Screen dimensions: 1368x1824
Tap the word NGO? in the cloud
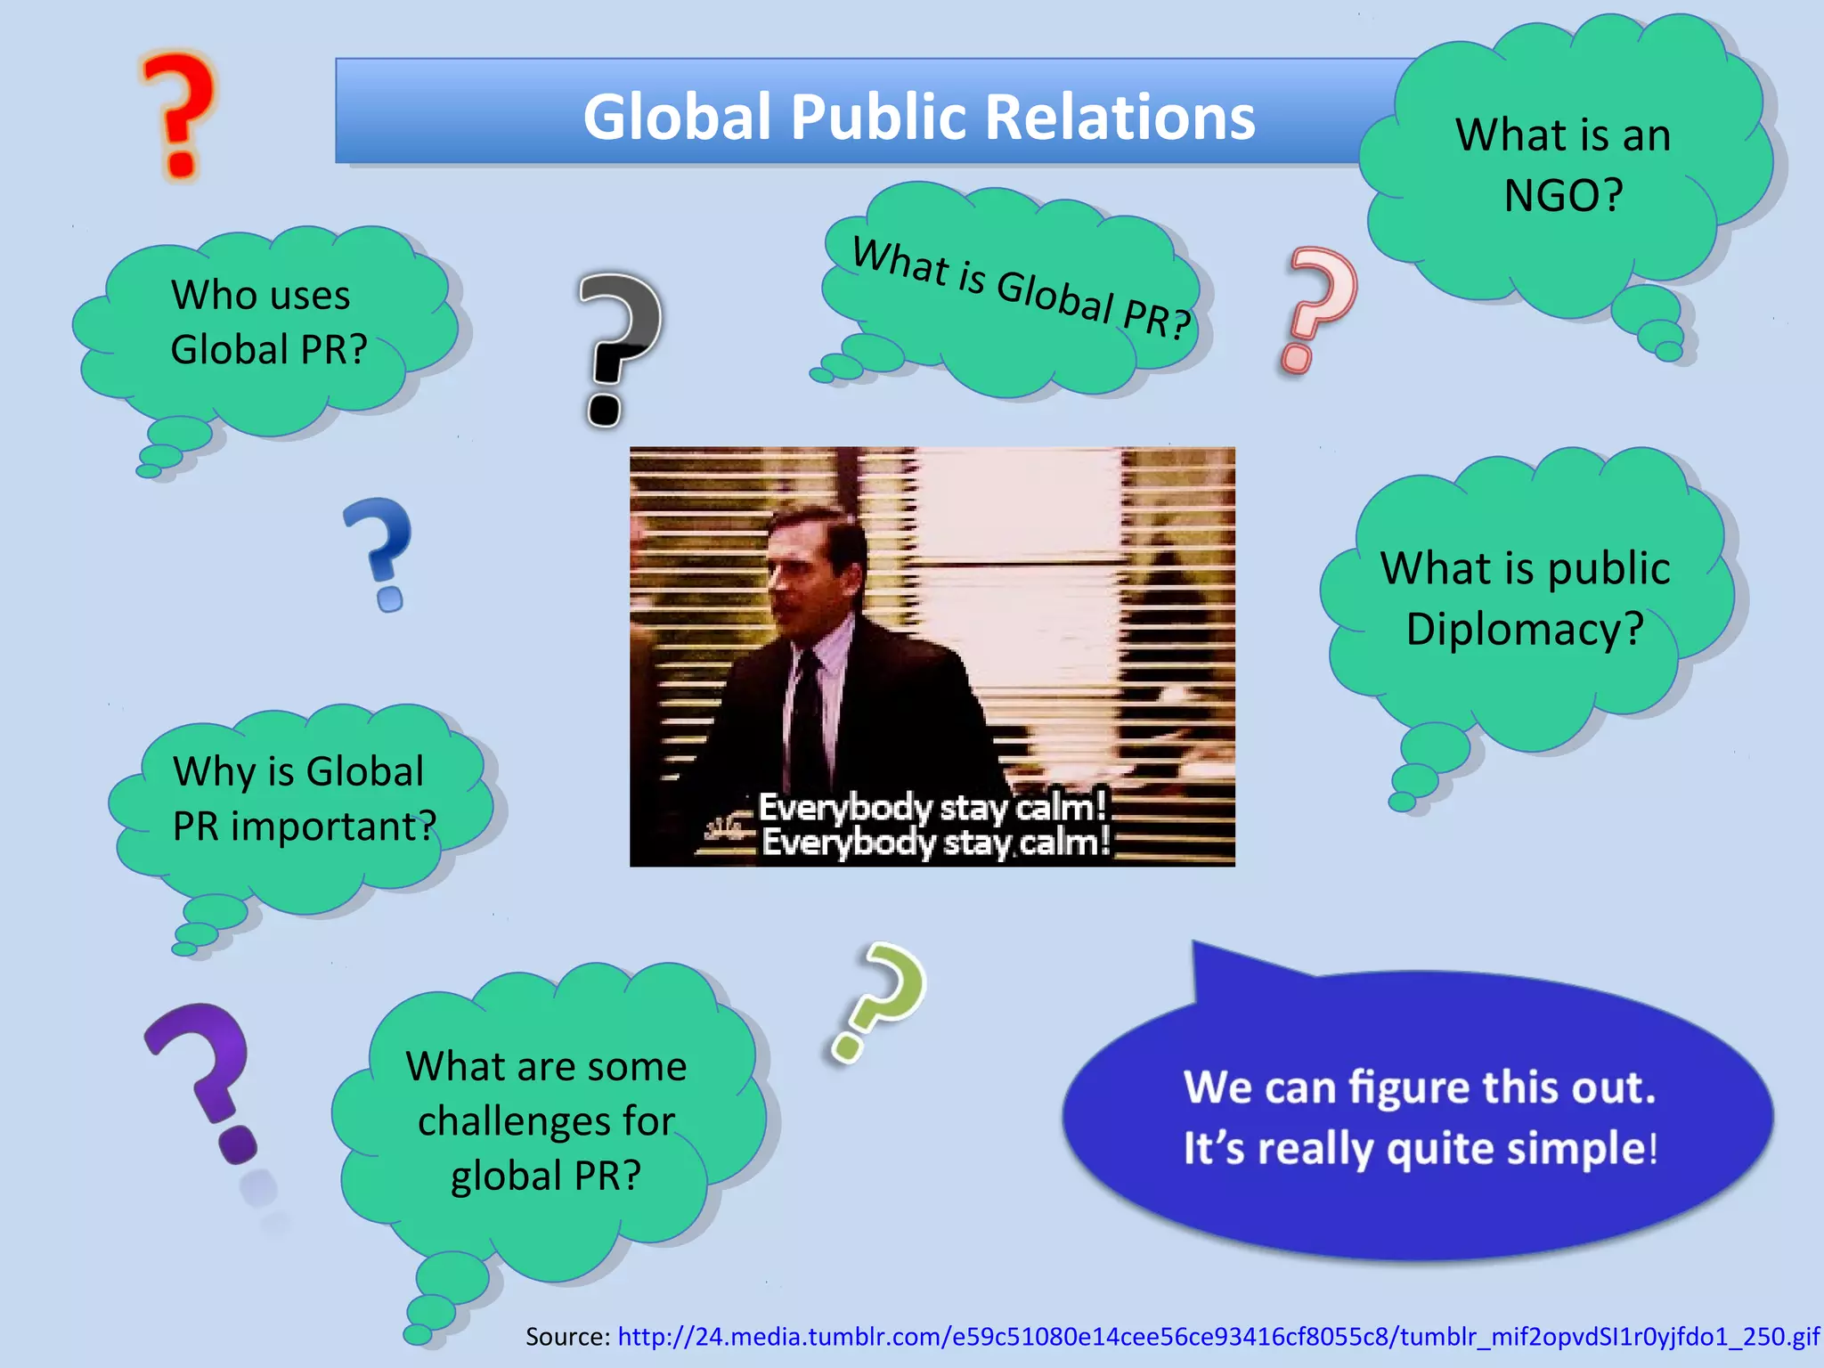click(x=1563, y=195)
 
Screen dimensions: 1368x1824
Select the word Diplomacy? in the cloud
click(x=1524, y=629)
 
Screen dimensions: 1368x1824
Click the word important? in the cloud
click(x=333, y=826)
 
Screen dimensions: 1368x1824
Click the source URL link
click(x=1217, y=1336)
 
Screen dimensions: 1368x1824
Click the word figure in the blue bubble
click(x=1408, y=1087)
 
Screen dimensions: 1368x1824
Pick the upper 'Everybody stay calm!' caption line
click(x=932, y=807)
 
